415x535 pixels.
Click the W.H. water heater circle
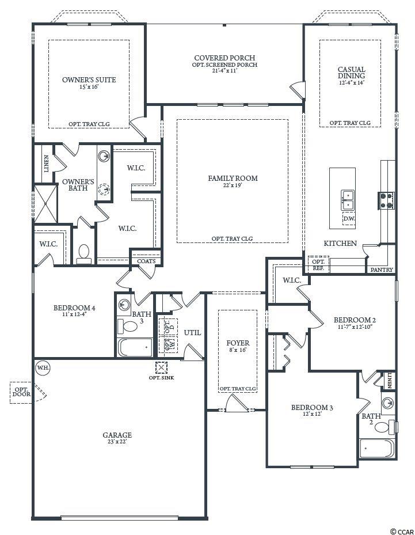tap(43, 368)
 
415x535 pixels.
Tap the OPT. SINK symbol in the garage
tap(161, 368)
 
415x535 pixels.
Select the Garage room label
tap(117, 435)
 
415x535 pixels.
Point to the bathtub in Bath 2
tap(377, 449)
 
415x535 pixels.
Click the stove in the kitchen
tap(386, 200)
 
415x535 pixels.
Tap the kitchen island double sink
tap(347, 200)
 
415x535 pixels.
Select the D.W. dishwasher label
tap(349, 219)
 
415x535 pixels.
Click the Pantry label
tap(382, 270)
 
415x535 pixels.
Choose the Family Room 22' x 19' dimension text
tap(233, 185)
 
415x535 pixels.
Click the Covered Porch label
tap(224, 58)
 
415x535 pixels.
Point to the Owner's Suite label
tap(89, 80)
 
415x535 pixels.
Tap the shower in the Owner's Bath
tap(45, 204)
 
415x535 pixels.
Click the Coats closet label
tap(146, 261)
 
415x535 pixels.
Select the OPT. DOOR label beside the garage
tap(22, 392)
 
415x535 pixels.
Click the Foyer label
tap(238, 343)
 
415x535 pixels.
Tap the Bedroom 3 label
tap(312, 407)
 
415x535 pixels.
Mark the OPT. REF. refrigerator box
tap(318, 264)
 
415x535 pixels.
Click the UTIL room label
tap(192, 333)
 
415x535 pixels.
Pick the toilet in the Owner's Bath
tap(84, 254)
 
